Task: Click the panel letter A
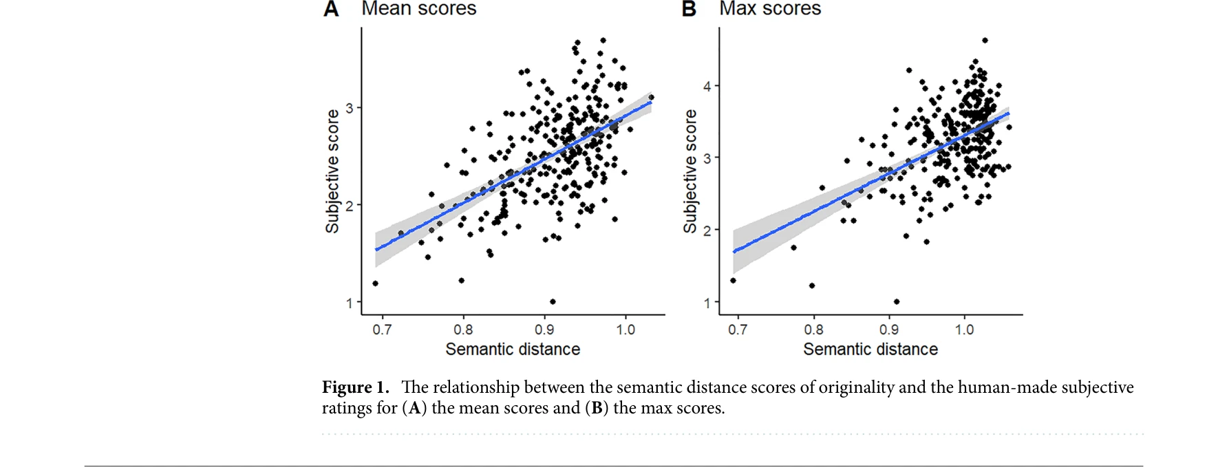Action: click(x=331, y=9)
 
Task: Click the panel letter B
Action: click(x=689, y=9)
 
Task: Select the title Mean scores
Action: click(x=418, y=8)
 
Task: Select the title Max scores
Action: click(x=770, y=8)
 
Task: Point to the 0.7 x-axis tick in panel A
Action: click(x=382, y=330)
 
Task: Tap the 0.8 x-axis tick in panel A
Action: click(x=463, y=330)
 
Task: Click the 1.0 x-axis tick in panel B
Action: click(x=964, y=330)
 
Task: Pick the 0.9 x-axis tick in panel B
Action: click(x=889, y=330)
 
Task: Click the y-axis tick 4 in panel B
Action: click(x=707, y=87)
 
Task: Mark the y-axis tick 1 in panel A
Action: click(x=350, y=303)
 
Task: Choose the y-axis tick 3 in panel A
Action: click(x=350, y=108)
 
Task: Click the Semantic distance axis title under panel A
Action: click(x=513, y=349)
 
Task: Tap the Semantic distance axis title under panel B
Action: click(x=870, y=349)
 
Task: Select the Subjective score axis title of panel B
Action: click(x=690, y=171)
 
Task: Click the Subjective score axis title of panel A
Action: click(x=332, y=171)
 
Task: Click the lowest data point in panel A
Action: click(x=553, y=301)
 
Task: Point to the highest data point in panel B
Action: click(x=985, y=41)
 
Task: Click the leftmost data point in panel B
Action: click(x=733, y=280)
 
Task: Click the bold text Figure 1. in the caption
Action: click(x=355, y=387)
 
